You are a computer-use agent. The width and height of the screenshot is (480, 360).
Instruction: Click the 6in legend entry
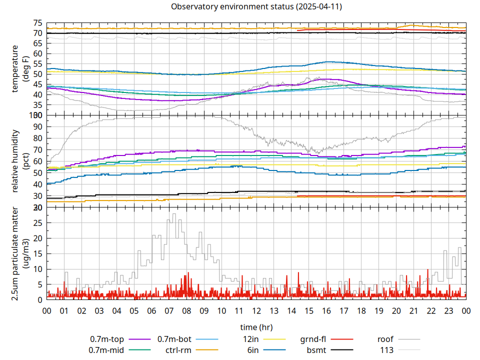pos(253,350)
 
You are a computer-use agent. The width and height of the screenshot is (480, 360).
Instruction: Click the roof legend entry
pos(385,339)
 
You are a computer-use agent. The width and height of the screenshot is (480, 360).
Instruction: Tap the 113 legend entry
pos(387,350)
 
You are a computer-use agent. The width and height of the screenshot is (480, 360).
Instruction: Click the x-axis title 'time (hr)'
pos(256,327)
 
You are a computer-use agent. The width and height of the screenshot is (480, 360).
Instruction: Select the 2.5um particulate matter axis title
pos(15,253)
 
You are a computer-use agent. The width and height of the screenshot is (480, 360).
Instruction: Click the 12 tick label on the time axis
pos(256,310)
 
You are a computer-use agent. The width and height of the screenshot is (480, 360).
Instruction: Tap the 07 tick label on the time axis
pos(169,310)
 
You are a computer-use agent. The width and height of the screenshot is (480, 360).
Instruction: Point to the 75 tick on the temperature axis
pos(37,23)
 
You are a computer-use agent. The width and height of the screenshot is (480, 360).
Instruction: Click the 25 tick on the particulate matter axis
pos(37,222)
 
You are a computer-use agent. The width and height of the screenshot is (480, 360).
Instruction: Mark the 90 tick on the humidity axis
pos(37,126)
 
